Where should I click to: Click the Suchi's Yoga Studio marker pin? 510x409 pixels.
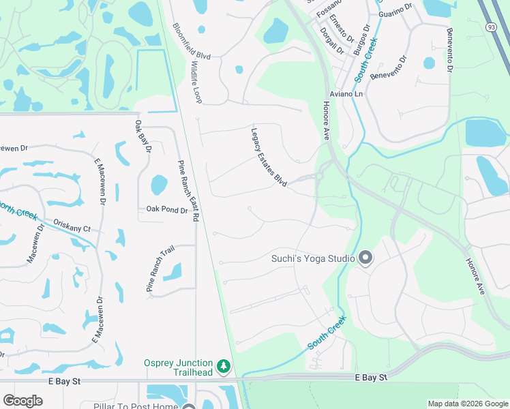coord(365,258)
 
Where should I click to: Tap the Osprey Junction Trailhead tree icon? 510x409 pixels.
coord(224,367)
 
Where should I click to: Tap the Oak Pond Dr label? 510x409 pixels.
coord(166,211)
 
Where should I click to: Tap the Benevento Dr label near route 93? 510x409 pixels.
coord(449,49)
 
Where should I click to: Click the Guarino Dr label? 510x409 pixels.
coord(395,12)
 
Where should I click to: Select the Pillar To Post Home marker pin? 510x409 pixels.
coord(189,407)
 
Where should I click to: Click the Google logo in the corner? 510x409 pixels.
coord(22,401)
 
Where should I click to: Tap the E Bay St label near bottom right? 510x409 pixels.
coord(371,376)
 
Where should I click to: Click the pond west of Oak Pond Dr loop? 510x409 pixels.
coord(158,185)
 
